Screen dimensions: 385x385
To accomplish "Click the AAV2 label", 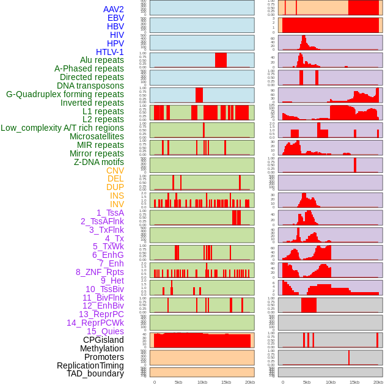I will click(113, 10).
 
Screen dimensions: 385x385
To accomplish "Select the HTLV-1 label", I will click(109, 52).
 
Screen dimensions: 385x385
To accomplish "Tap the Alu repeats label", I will click(101, 61).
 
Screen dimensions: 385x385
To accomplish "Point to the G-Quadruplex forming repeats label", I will click(65, 94).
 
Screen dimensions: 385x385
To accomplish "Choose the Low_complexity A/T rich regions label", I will click(62, 128).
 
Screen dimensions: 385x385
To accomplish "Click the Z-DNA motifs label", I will click(98, 162).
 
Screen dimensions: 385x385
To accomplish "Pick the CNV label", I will click(115, 170).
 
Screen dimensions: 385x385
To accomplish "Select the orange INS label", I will click(117, 196).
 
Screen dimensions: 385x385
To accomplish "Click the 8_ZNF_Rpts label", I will click(100, 272).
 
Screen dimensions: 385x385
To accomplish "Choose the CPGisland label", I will click(103, 340).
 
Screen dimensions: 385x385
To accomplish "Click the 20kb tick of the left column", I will click(249, 382).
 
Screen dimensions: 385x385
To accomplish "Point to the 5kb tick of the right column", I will click(306, 382).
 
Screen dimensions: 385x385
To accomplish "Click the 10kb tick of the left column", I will click(202, 382).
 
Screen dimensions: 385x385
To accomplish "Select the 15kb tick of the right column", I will click(354, 382).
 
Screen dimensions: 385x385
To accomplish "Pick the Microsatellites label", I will click(97, 136).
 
